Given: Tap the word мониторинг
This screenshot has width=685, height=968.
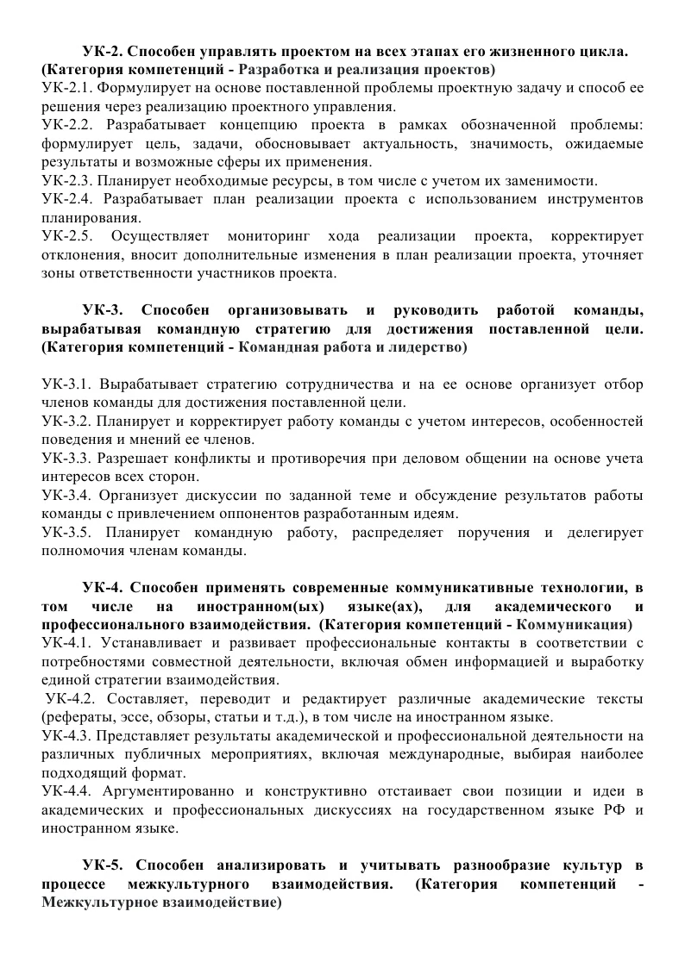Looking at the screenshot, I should coord(267,236).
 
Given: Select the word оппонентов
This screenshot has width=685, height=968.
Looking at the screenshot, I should coord(288,513).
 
